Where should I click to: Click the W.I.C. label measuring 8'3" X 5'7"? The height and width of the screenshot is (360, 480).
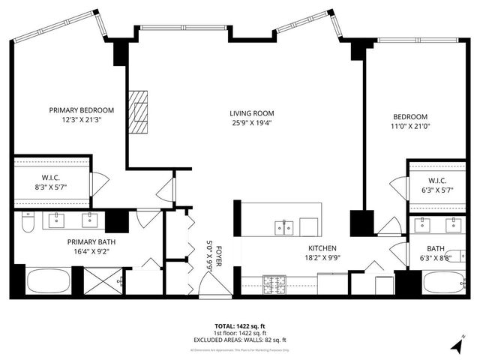(x=51, y=181)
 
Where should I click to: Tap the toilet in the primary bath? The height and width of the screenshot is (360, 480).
(x=27, y=223)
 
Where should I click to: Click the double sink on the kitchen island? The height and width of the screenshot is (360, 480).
(x=283, y=226)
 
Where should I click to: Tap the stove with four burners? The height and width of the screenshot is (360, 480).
(x=274, y=283)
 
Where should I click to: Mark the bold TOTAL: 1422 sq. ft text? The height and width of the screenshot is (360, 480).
(x=239, y=326)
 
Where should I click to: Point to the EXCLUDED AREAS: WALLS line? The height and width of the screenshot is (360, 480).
(x=239, y=340)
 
